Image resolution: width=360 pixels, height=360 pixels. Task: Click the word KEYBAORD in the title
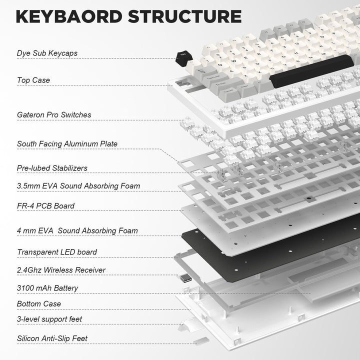point(69,16)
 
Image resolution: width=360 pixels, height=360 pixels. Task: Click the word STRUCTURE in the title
point(185,16)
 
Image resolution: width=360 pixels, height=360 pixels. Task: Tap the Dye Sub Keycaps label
point(47,53)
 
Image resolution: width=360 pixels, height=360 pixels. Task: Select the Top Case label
point(33,80)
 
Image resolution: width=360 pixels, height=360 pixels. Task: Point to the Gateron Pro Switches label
point(54,115)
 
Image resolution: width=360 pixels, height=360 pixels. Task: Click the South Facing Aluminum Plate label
point(67,144)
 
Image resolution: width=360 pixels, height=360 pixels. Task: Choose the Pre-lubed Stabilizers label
point(52,168)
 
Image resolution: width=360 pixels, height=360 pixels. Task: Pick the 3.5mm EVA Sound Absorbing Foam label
point(78,186)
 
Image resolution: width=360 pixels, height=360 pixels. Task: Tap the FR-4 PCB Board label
point(45,206)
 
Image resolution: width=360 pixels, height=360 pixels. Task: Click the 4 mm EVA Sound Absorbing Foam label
point(77,230)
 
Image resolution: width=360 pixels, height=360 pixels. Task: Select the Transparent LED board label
point(57,252)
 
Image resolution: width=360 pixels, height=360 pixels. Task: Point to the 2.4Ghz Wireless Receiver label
point(61,270)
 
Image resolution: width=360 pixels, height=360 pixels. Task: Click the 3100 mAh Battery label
point(47,288)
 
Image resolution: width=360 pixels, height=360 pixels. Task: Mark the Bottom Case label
point(39,304)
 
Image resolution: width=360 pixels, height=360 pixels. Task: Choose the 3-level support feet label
point(49,319)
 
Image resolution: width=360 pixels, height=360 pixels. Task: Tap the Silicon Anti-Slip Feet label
point(52,338)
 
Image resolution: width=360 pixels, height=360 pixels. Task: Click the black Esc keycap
point(184,59)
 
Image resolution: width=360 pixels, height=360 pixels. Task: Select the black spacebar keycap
point(312,71)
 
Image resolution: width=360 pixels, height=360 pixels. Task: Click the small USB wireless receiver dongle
point(185,278)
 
